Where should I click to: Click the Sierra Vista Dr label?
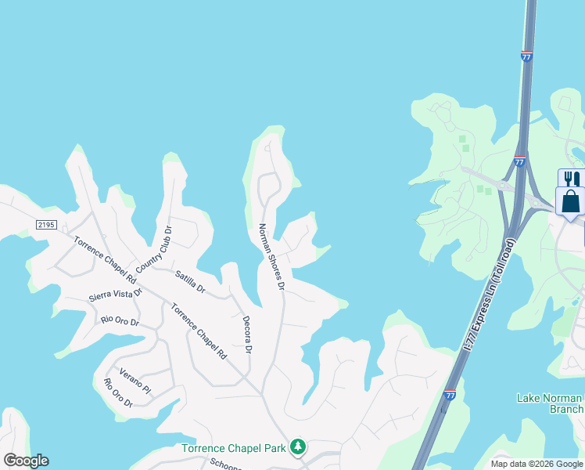click(115, 294)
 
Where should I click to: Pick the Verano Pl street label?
click(135, 378)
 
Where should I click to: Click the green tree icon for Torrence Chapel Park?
click(297, 447)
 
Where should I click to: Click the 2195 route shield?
click(47, 225)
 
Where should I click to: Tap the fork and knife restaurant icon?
click(572, 179)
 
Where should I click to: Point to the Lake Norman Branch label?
click(551, 403)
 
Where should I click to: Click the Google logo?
click(26, 461)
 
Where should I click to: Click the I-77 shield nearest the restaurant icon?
click(519, 161)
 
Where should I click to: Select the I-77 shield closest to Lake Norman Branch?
click(450, 396)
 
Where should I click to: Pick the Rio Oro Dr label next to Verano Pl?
click(118, 393)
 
